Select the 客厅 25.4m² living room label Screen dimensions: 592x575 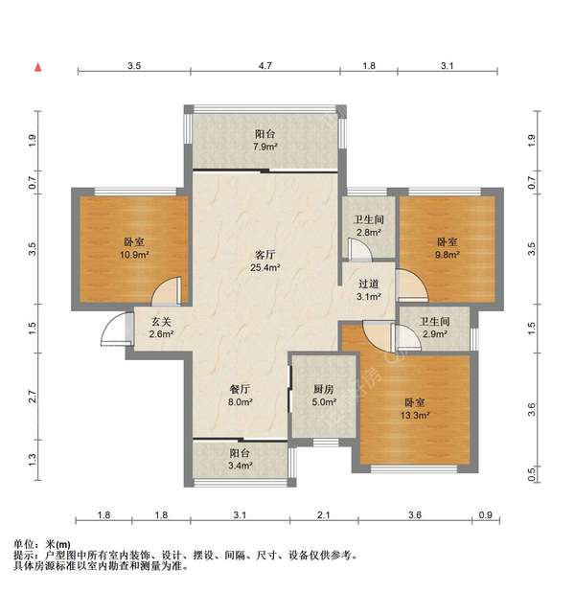265,262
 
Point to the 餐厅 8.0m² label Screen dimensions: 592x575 241,397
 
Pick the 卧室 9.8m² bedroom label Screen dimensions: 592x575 448,249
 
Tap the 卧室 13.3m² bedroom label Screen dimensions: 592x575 415,409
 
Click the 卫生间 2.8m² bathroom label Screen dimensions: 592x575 368,225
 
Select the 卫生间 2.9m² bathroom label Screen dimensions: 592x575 423,329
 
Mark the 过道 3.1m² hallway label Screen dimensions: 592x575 369,290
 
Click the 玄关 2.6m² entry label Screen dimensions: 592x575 160,328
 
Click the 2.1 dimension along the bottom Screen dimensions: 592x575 324,516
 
